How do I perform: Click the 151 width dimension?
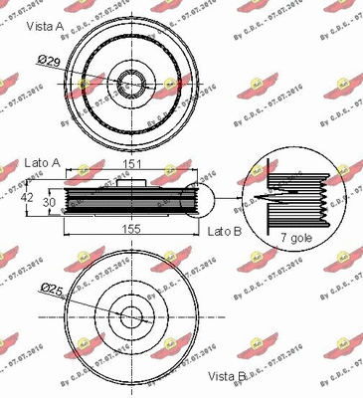click(x=129, y=165)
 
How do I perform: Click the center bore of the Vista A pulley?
click(x=131, y=81)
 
